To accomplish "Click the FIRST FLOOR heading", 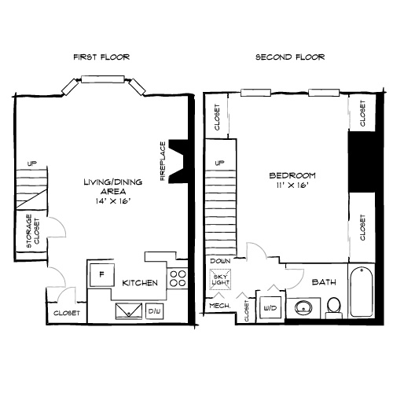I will (101, 57).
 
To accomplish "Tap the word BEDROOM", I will (292, 174).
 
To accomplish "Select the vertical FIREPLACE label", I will (163, 161).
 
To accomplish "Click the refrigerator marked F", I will (101, 276).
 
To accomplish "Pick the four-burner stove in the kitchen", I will (178, 277).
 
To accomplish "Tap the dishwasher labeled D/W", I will (155, 311).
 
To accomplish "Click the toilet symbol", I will (333, 305).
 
